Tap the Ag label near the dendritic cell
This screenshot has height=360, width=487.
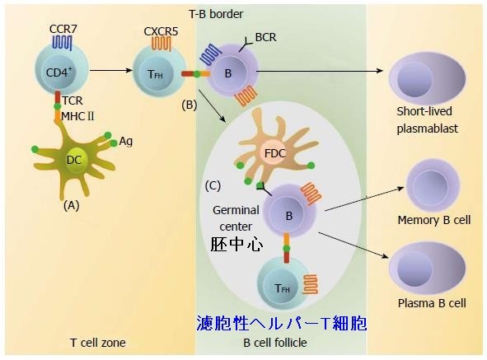point(126,141)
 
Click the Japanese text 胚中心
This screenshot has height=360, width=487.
point(236,245)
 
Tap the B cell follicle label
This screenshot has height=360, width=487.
point(281,343)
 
